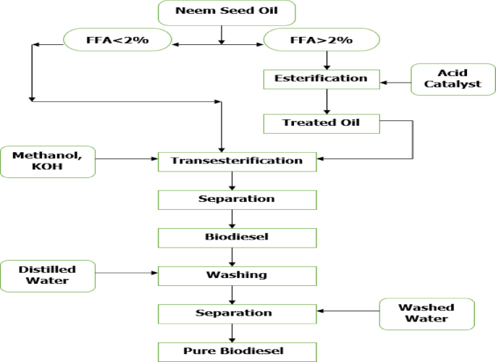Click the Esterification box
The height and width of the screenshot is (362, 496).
click(321, 78)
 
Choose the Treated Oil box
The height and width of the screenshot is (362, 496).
click(321, 123)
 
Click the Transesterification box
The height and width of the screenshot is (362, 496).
click(237, 161)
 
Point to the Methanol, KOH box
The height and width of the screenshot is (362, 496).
click(48, 161)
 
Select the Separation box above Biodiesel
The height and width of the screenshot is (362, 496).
click(237, 199)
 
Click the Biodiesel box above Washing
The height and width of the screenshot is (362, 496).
click(237, 237)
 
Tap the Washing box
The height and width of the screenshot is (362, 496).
click(237, 275)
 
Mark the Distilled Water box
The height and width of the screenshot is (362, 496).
click(48, 276)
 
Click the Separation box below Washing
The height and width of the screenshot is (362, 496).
click(237, 313)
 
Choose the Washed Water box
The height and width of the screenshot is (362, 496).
click(427, 313)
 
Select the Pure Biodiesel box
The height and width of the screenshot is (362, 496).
click(237, 352)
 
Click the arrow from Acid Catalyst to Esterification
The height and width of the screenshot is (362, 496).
click(396, 83)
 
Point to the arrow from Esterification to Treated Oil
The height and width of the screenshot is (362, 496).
click(327, 101)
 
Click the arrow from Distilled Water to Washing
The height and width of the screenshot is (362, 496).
click(127, 274)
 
